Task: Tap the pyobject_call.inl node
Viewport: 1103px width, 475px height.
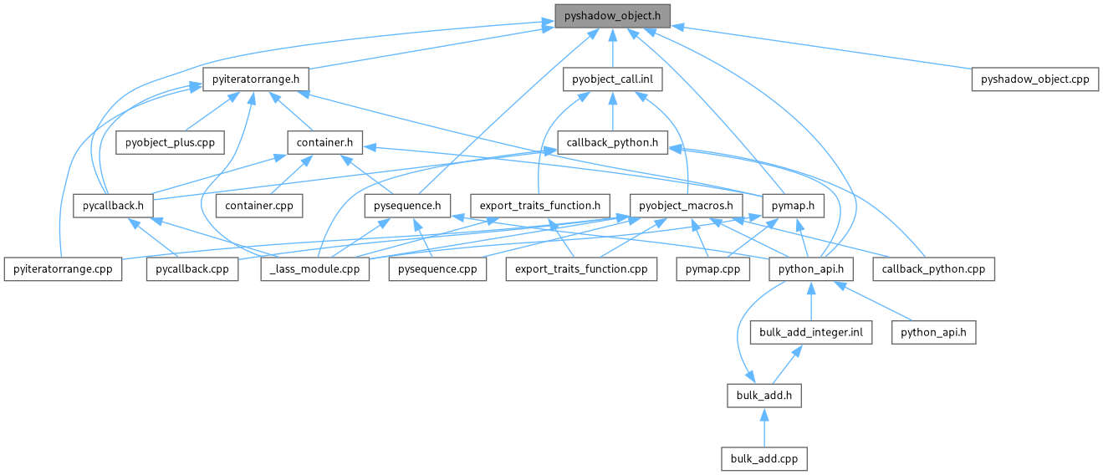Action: coord(613,79)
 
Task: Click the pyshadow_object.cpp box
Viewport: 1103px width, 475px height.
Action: coord(1034,79)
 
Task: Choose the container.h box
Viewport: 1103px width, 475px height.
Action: coord(324,142)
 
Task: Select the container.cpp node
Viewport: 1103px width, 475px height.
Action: coord(258,205)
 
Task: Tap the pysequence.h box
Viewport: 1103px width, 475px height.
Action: coord(408,205)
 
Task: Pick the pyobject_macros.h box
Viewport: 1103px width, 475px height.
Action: coord(685,205)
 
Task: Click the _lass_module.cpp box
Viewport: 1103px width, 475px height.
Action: coord(315,268)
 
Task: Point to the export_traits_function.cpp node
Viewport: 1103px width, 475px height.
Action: coord(581,268)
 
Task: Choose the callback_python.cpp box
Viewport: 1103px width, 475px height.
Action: coord(933,268)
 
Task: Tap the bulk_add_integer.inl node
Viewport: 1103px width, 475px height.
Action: coord(811,332)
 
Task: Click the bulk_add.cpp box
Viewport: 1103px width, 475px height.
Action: coord(764,458)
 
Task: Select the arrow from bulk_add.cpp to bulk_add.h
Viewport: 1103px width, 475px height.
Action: coord(763,426)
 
